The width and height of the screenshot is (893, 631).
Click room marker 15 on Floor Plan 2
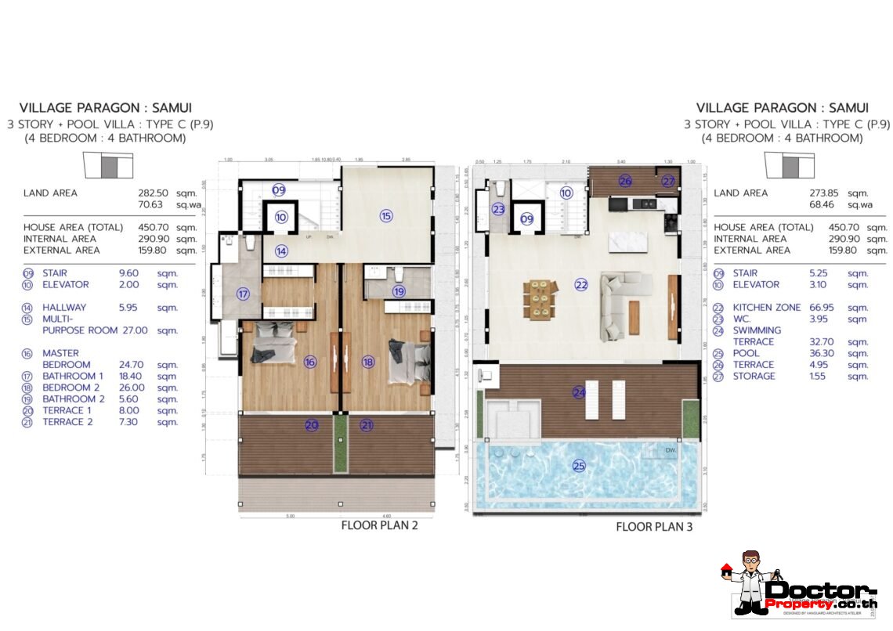click(x=385, y=216)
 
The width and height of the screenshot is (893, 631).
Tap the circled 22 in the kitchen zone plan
click(x=580, y=285)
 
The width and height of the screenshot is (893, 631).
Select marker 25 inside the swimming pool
click(x=579, y=465)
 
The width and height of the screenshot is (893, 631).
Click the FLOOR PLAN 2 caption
click(x=379, y=525)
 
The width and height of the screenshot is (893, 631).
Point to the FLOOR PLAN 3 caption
click(x=654, y=527)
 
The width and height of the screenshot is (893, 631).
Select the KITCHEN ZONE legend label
click(x=766, y=308)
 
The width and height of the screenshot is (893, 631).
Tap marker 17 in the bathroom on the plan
click(x=244, y=294)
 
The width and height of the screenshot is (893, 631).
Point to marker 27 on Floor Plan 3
click(x=667, y=181)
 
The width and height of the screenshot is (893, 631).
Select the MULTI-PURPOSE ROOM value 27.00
click(x=152, y=330)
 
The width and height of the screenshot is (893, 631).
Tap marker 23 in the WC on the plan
click(x=499, y=209)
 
